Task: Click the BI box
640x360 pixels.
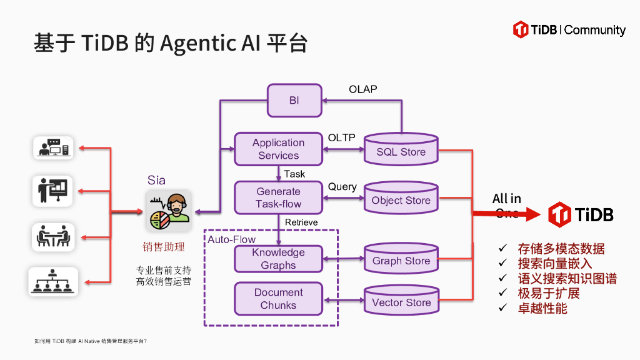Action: coord(294,101)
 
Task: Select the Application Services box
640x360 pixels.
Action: coord(278,149)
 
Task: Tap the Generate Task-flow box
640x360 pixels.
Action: coord(278,197)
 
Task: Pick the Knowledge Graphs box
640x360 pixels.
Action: coord(278,259)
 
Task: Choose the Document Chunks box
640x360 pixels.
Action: coord(278,299)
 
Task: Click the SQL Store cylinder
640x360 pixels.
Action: coord(401,151)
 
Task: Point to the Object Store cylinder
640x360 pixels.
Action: coord(401,199)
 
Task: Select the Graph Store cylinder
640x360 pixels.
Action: coord(401,260)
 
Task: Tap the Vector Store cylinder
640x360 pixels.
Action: coord(401,302)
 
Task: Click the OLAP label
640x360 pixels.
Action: coord(362,89)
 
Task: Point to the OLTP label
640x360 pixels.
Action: coord(341,137)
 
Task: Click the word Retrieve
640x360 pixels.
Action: coord(301,222)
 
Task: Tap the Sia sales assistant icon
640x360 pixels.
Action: coord(168,211)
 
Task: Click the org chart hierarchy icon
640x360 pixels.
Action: coord(53,282)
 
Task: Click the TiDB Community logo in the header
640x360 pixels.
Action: coord(569,29)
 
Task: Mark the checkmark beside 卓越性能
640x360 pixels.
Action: coord(502,308)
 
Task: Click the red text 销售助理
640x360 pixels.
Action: coord(164,247)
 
